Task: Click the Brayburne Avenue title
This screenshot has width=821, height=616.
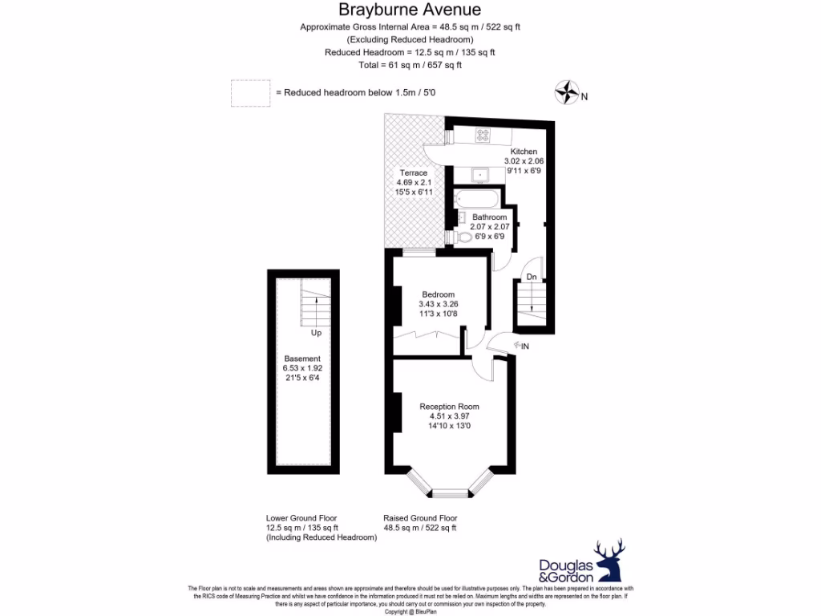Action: coord(410,10)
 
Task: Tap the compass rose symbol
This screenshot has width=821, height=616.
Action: coord(567,92)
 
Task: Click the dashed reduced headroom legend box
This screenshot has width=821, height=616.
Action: coord(250,93)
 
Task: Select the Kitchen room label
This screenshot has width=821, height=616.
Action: coord(524,152)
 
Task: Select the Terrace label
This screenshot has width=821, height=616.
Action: coord(414,172)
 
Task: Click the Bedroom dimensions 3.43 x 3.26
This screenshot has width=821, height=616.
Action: coord(438,304)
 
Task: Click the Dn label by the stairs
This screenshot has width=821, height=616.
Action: coord(531,278)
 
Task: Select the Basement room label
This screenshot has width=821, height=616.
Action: coord(301,359)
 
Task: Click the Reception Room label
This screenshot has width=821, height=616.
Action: coord(449,407)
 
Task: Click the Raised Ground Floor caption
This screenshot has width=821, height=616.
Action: coord(419,518)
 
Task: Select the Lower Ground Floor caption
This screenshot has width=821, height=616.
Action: coord(301,518)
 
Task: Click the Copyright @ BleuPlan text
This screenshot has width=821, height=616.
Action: coord(410,612)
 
